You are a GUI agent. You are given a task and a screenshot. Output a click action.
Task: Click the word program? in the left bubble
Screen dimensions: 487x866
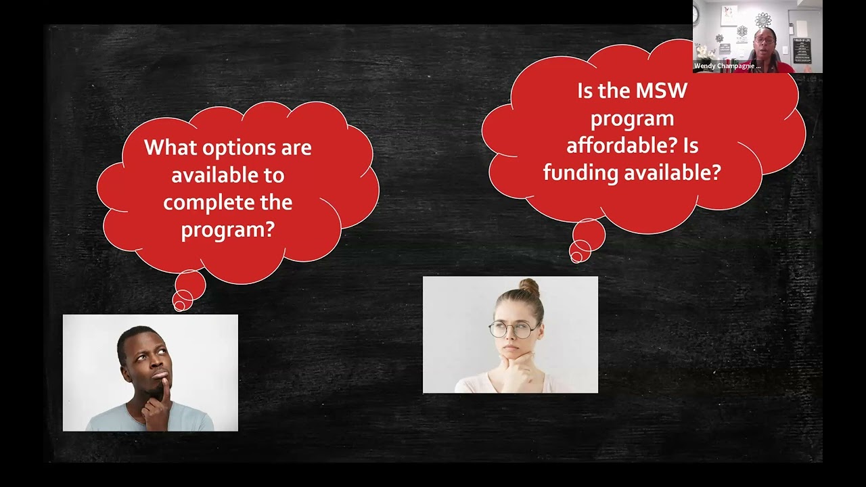(x=227, y=229)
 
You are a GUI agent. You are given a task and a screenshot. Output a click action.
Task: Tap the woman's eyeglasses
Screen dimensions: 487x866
(x=514, y=329)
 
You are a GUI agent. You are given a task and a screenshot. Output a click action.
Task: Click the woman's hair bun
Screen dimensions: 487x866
(x=529, y=287)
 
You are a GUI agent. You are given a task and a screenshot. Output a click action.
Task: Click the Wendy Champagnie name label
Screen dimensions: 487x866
(x=727, y=66)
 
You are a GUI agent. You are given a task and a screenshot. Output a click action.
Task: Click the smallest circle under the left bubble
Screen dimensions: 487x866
(x=179, y=306)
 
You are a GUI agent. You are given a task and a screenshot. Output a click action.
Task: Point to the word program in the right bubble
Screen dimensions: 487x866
(x=632, y=118)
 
